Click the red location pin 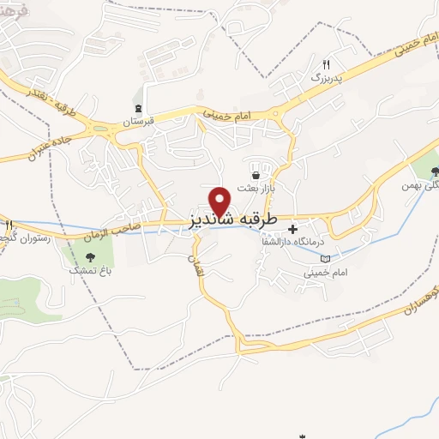(221, 199)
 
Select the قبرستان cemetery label (138, 121)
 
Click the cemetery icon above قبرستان (138, 108)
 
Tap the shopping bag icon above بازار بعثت (256, 175)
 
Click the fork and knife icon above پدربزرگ (326, 65)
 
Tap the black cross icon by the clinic (293, 229)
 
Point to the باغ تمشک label (87, 269)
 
